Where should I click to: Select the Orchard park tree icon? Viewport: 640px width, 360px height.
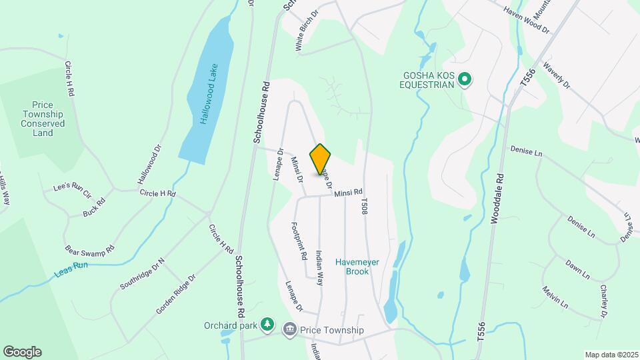click(x=267, y=325)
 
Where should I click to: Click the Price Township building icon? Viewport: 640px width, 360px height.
click(x=289, y=329)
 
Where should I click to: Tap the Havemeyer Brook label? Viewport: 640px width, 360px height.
click(x=357, y=266)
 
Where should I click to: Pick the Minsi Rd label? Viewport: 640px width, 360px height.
click(x=348, y=193)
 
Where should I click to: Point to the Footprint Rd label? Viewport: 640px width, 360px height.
click(x=298, y=240)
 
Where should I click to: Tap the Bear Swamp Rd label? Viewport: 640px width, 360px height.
click(x=90, y=249)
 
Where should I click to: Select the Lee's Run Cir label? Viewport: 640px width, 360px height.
click(x=72, y=189)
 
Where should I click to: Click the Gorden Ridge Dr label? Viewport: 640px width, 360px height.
click(x=176, y=294)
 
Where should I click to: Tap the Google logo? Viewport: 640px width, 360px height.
click(x=22, y=352)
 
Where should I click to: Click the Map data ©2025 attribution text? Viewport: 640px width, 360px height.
click(x=611, y=354)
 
